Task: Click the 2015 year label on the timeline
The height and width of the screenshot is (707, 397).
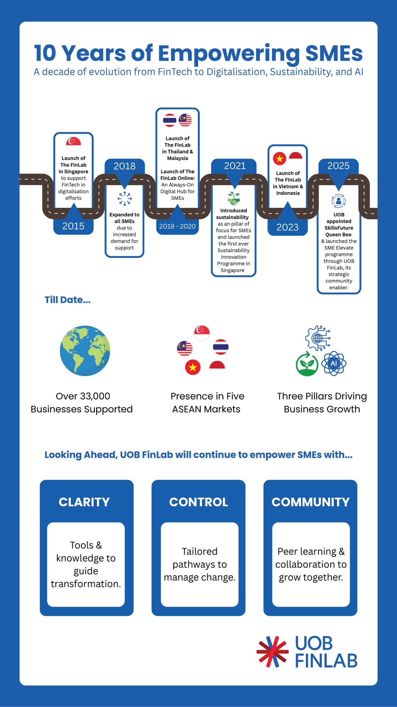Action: (73, 226)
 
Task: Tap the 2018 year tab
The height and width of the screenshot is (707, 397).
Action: (124, 166)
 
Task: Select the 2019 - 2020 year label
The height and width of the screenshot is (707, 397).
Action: (177, 227)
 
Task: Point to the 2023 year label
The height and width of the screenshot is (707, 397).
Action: (287, 227)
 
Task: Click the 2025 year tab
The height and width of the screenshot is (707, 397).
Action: (338, 166)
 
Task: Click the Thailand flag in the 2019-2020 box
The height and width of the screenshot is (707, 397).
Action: (169, 120)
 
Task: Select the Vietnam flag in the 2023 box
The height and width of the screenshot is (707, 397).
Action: (280, 158)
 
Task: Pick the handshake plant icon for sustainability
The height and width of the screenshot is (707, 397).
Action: (234, 199)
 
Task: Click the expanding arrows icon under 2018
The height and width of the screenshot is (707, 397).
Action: (124, 199)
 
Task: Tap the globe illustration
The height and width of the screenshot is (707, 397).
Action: (85, 351)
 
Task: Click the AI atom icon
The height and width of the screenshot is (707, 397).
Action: (334, 363)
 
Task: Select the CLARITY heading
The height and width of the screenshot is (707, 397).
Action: (84, 502)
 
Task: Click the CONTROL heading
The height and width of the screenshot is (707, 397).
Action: (198, 502)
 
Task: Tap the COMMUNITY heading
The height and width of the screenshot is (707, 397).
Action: (311, 502)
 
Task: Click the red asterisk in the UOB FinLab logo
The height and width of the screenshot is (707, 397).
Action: (272, 652)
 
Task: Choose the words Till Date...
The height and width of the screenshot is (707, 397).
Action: (67, 300)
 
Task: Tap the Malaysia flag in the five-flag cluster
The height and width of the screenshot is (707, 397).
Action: (185, 348)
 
